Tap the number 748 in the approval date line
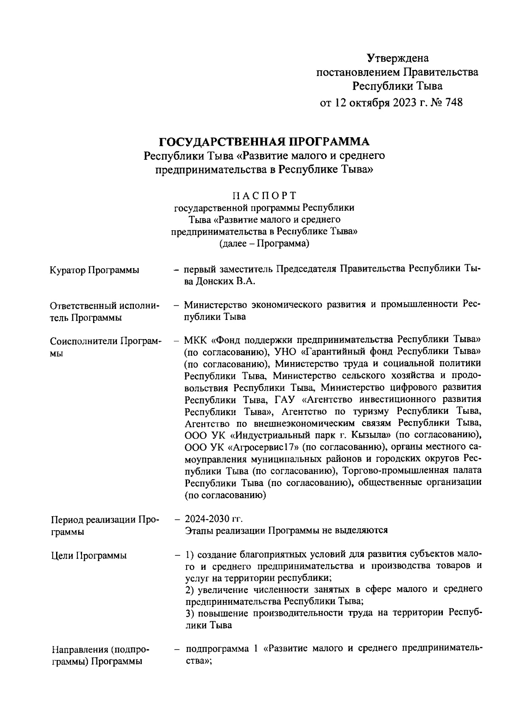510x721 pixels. pos(452,102)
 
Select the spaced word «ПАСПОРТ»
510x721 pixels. pos(264,195)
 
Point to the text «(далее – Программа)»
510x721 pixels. pos(264,244)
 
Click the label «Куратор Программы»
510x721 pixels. pos(94,270)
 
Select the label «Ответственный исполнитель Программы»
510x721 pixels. pos(105,311)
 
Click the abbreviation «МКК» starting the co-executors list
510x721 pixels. pos(195,340)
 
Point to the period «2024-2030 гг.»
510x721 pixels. pos(213,519)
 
